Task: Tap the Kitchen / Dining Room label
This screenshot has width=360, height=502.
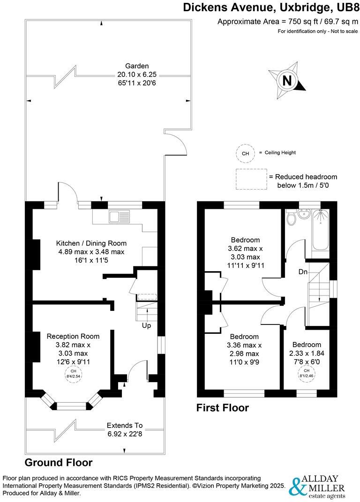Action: coord(91,244)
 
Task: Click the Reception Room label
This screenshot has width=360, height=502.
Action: coord(73,336)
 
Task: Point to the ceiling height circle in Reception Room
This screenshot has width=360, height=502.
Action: coord(73,376)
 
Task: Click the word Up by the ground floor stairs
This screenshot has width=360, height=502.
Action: coord(147,325)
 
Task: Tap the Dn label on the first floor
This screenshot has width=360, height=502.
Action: coord(302,272)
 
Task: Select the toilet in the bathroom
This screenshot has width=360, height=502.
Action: coord(291,218)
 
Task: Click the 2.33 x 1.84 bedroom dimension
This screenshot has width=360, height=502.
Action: coord(307,353)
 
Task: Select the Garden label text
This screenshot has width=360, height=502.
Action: coord(137,66)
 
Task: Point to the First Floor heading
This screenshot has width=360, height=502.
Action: coord(222,408)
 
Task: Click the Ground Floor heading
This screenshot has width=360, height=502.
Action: coord(58,462)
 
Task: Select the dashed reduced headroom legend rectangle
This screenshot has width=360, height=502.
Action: coord(251,179)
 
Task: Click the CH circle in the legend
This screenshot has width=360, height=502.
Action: coord(245,153)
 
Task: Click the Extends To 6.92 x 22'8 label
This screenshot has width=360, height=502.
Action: coord(124,429)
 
